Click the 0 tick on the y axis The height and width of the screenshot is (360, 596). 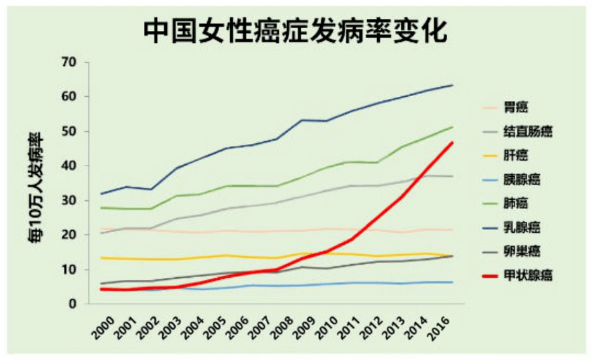pos(72,304)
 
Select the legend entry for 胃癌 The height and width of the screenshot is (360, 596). pos(516,107)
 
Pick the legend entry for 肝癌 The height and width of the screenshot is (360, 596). pos(516,155)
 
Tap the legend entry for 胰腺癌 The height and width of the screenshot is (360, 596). pos(520,179)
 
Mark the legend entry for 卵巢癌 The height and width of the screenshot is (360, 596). pos(520,251)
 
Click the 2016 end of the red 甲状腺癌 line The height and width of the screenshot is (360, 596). pos(453,143)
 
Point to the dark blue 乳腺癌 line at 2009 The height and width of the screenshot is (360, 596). pos(303,120)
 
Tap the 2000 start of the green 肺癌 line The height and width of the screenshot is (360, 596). pos(102,208)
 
